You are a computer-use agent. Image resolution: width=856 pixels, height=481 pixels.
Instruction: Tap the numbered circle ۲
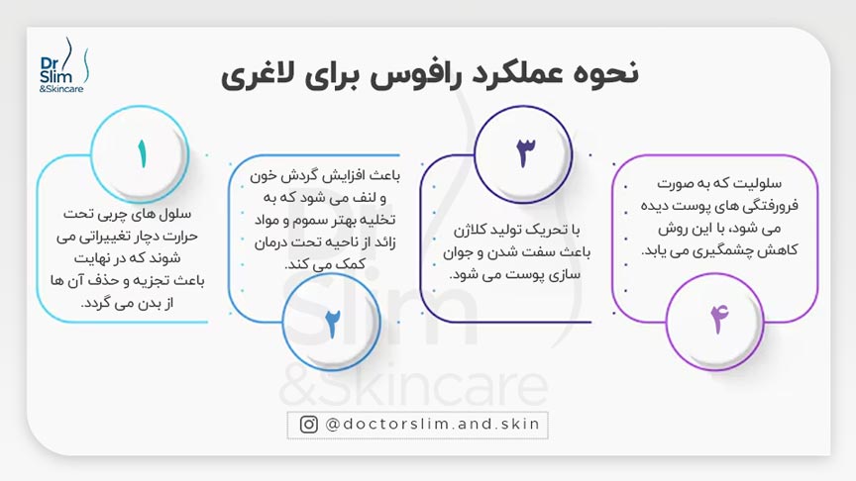coord(332,324)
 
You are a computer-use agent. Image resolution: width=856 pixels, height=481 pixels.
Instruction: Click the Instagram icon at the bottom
coord(309,424)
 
